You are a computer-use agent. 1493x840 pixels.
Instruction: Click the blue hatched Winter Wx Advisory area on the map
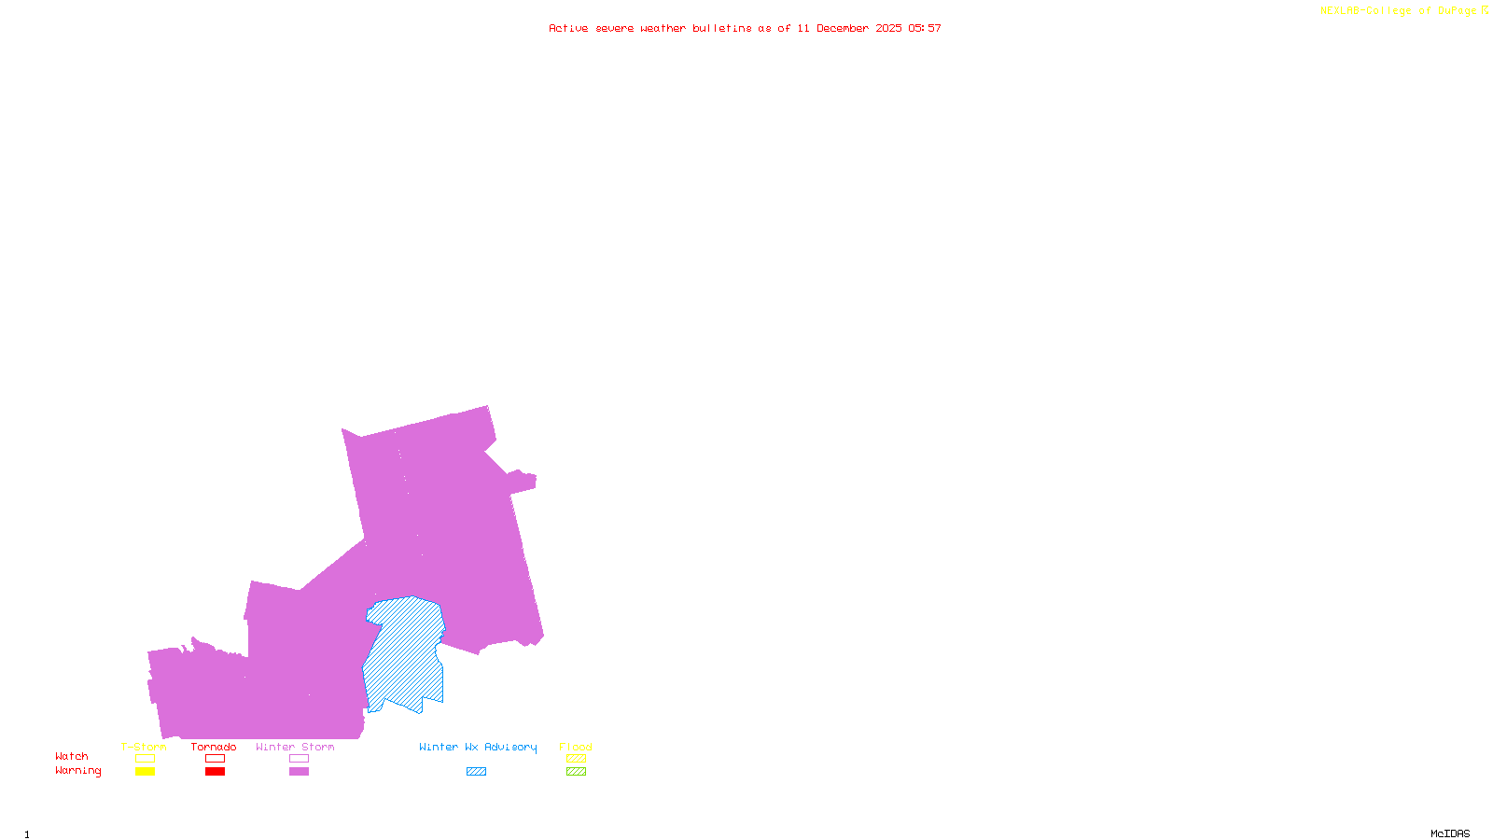403,653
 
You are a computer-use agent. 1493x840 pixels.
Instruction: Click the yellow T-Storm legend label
144,747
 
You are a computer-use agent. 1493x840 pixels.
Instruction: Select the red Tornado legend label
214,747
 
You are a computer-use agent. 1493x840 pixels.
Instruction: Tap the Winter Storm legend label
295,747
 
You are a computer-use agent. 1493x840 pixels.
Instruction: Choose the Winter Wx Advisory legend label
478,747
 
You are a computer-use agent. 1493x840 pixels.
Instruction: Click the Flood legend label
576,747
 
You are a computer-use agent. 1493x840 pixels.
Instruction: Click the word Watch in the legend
72,757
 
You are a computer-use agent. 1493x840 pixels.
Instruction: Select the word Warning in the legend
77,771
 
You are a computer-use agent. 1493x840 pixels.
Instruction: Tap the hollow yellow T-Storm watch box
145,759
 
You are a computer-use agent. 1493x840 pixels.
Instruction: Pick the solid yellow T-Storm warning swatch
145,772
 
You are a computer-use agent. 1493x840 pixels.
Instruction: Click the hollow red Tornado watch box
215,759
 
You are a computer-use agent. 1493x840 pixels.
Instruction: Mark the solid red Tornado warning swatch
215,772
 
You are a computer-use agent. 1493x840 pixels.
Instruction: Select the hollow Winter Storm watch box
299,759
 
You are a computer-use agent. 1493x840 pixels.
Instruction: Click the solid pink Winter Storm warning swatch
299,772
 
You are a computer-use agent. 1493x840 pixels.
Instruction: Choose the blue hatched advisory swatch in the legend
476,772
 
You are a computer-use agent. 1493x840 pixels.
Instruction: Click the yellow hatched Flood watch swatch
576,759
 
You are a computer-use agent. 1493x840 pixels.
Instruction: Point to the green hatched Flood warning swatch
576,772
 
